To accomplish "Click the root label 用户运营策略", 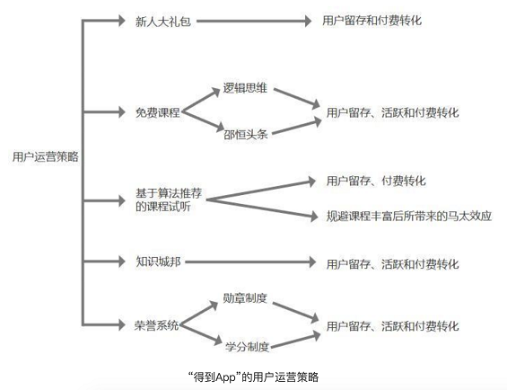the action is pyautogui.click(x=46, y=156).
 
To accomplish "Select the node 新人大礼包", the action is pyautogui.click(x=163, y=22).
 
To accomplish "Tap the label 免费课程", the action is pyautogui.click(x=157, y=112).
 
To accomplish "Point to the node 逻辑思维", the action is pyautogui.click(x=245, y=88).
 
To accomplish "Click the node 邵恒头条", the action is pyautogui.click(x=246, y=135).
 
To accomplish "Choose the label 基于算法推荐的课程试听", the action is pyautogui.click(x=169, y=199).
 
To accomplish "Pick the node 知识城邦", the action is pyautogui.click(x=158, y=261).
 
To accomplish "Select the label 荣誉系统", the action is pyautogui.click(x=156, y=325).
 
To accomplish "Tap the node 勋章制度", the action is pyautogui.click(x=245, y=298).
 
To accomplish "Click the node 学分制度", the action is pyautogui.click(x=248, y=347).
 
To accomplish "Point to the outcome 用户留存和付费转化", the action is pyautogui.click(x=372, y=21).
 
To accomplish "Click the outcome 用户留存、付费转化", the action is pyautogui.click(x=376, y=181).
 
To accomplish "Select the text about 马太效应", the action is pyautogui.click(x=409, y=216).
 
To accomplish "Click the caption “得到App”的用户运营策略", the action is pyautogui.click(x=253, y=377).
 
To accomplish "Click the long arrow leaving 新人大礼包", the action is pyautogui.click(x=254, y=21).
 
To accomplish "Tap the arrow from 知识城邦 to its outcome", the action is pyautogui.click(x=250, y=261).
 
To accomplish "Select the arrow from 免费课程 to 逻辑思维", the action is pyautogui.click(x=201, y=100).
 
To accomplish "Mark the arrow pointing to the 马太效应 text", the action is pyautogui.click(x=262, y=208).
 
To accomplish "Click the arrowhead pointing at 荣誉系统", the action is pyautogui.click(x=121, y=324).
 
